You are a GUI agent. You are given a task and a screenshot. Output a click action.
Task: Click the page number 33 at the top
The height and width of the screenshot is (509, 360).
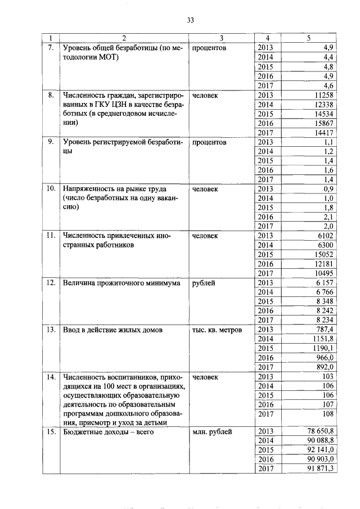pos(190,20)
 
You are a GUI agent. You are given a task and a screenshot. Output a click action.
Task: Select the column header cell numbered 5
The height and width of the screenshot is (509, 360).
pos(309,38)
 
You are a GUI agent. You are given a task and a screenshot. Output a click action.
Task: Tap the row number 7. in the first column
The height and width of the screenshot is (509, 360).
pos(51,48)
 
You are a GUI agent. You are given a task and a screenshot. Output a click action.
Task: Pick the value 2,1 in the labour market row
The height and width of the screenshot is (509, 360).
pos(328,217)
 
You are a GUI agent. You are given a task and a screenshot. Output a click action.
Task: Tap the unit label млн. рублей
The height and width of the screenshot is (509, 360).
pos(212,432)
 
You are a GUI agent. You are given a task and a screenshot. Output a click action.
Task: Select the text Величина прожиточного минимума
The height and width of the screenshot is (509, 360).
pos(121,283)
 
